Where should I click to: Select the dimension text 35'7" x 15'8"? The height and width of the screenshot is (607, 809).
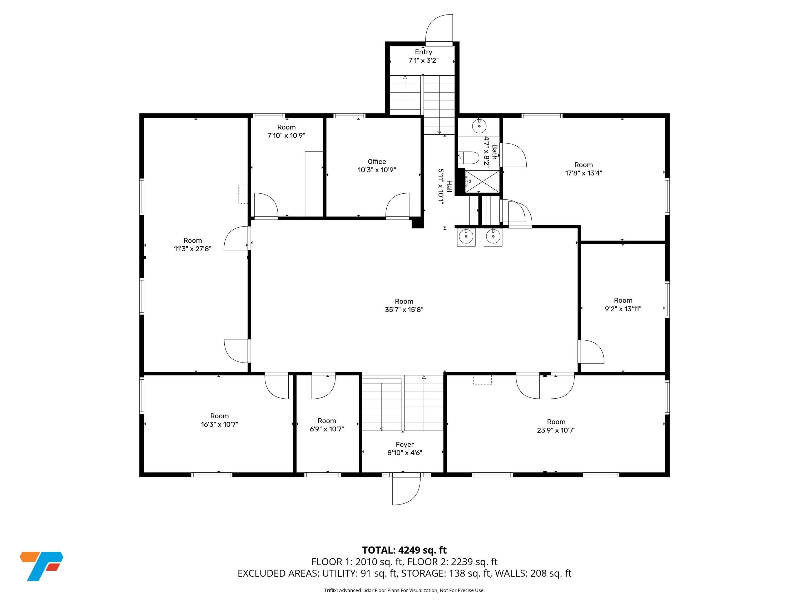click(x=404, y=310)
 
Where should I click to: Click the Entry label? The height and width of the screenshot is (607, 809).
click(x=423, y=52)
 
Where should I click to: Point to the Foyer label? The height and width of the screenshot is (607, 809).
click(x=404, y=444)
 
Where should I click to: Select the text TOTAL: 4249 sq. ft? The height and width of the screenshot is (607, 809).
click(x=404, y=550)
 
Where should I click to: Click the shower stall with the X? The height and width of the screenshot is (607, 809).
click(x=482, y=181)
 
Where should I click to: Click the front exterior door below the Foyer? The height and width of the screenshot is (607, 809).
click(x=406, y=491)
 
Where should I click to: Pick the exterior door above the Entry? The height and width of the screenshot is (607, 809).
click(x=439, y=29)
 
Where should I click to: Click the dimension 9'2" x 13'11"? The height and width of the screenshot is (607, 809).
click(x=623, y=309)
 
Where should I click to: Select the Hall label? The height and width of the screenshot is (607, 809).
click(x=449, y=186)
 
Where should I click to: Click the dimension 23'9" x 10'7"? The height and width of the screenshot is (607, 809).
click(x=556, y=430)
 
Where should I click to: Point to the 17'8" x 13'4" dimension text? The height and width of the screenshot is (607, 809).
click(x=583, y=173)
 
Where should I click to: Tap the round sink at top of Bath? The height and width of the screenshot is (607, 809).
click(x=479, y=126)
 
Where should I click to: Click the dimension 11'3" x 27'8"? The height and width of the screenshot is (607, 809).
click(x=193, y=249)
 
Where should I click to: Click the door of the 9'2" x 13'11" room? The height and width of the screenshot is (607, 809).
click(x=591, y=352)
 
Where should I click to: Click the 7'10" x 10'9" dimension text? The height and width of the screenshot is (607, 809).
click(x=286, y=135)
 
